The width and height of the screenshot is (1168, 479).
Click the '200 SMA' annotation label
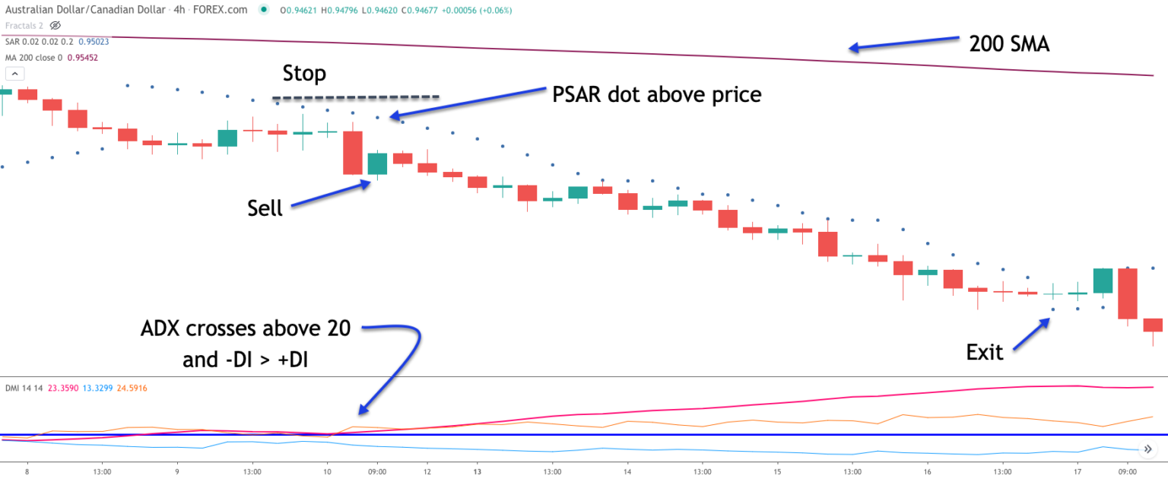tap(1008, 44)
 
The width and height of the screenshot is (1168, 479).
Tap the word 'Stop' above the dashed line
tap(304, 74)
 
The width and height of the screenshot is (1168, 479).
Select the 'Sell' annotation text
tap(265, 208)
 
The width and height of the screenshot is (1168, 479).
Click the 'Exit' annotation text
tap(985, 352)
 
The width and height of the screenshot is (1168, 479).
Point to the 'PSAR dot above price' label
tap(655, 94)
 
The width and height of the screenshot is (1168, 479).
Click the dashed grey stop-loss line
tap(356, 97)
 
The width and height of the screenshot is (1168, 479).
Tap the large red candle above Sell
tap(352, 153)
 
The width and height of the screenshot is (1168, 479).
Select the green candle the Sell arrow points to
tap(377, 163)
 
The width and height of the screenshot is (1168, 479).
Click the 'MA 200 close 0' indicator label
tap(34, 57)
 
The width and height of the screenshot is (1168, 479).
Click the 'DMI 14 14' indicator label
tap(24, 388)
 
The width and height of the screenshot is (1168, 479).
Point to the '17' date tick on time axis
tap(1078, 471)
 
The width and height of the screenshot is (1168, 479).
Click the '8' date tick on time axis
tap(27, 471)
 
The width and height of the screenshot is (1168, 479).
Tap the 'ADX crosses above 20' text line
tap(246, 329)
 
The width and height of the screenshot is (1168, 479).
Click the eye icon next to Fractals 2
tap(55, 26)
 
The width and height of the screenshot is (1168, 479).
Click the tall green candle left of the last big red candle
tap(1103, 281)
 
